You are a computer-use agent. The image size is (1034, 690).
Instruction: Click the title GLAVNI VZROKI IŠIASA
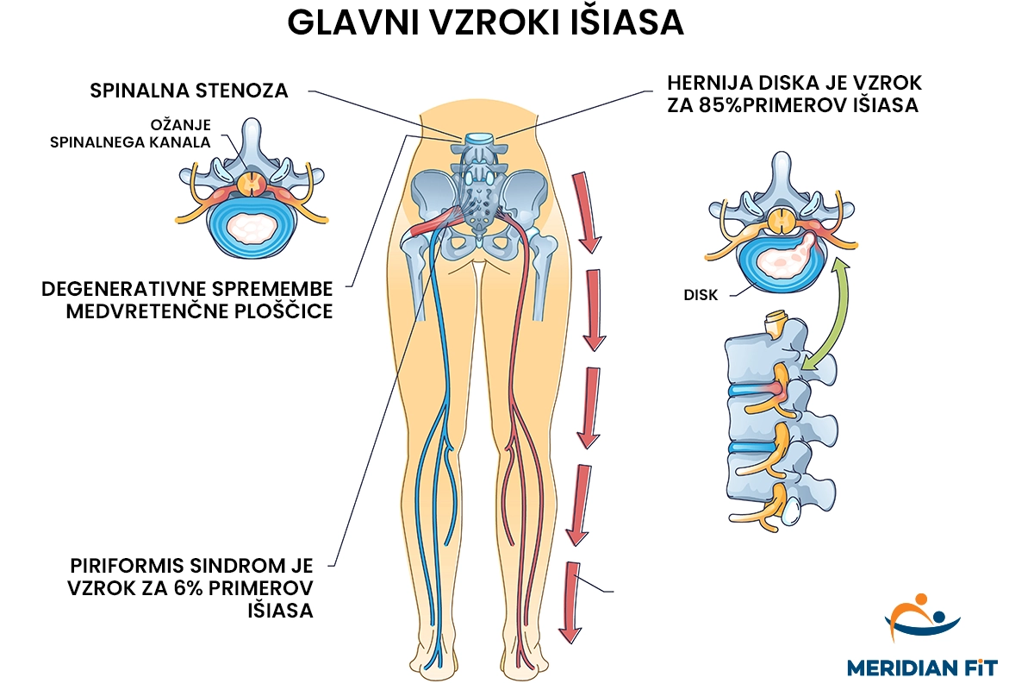pyautogui.click(x=485, y=23)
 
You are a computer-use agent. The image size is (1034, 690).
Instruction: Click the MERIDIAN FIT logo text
pyautogui.click(x=922, y=667)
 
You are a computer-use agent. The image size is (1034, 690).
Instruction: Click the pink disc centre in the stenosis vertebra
pyautogui.click(x=253, y=228)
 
